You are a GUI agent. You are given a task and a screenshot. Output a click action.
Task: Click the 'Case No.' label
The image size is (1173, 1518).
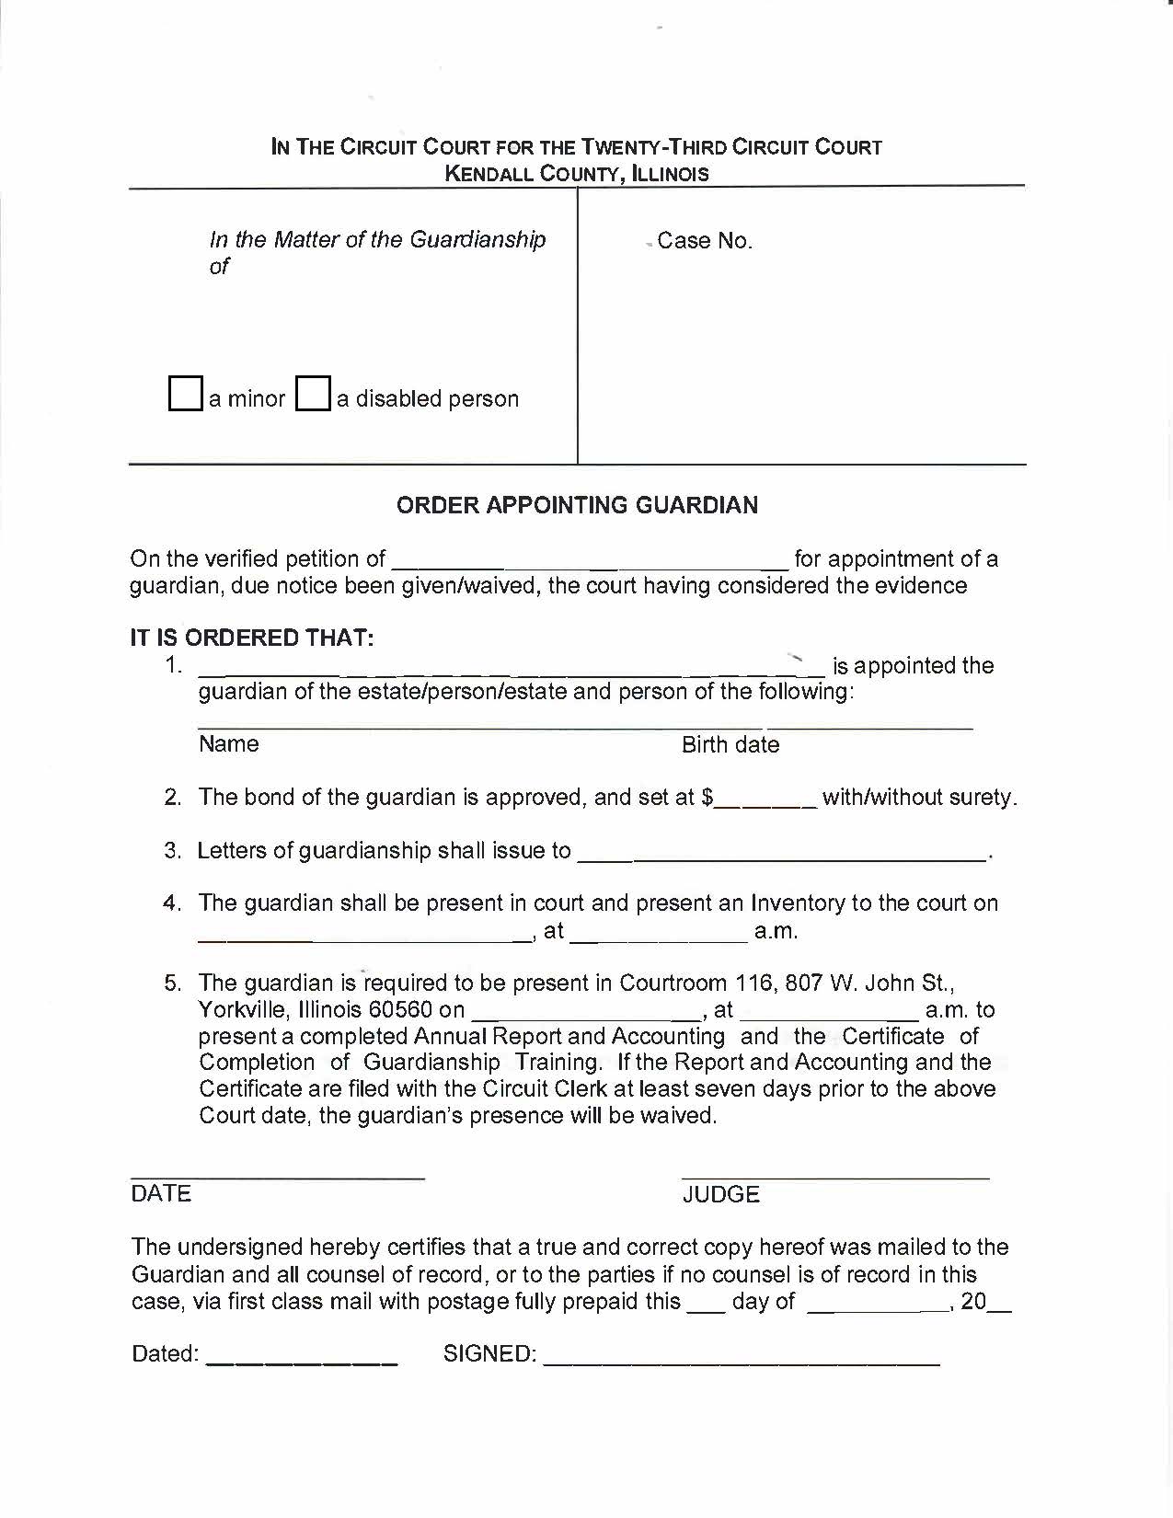(705, 241)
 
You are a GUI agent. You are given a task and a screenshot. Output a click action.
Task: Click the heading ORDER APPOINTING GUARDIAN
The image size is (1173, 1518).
(577, 505)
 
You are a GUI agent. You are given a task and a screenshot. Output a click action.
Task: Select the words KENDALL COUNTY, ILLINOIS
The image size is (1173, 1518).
(577, 174)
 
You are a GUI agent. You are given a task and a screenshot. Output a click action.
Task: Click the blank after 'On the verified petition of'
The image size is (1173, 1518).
(590, 559)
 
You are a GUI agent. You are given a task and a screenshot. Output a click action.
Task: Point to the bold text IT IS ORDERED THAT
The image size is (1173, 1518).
(252, 638)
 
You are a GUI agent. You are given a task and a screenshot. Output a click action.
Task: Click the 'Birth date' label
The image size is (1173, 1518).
(730, 745)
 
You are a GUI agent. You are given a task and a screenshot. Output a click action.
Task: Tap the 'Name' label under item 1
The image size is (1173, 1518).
(228, 744)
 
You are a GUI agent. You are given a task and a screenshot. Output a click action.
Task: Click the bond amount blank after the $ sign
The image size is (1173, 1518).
(765, 798)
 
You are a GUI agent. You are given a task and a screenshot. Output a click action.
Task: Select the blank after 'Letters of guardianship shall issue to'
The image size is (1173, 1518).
(781, 851)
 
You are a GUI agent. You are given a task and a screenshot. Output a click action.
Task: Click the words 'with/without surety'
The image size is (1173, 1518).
(917, 798)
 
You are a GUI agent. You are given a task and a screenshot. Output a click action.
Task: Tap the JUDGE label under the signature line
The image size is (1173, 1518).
(721, 1194)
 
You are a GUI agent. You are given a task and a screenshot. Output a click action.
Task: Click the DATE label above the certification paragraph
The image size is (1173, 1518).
(161, 1193)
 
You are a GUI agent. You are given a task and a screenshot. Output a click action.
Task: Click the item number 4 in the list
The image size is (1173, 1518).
(171, 903)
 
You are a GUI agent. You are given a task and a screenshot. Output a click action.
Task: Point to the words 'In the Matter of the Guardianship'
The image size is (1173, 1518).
(377, 240)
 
